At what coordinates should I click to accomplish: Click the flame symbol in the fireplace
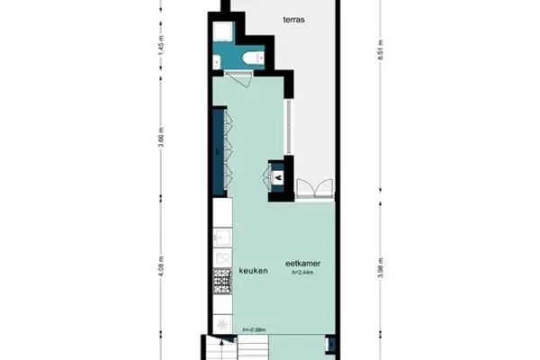pyautogui.click(x=279, y=178)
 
